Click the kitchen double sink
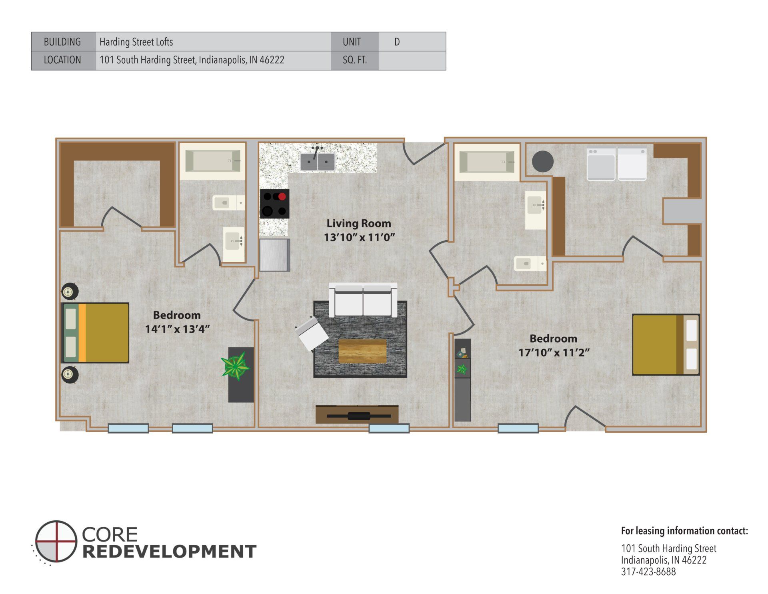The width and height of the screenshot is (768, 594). tap(318, 162)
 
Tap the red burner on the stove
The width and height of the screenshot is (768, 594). tap(282, 197)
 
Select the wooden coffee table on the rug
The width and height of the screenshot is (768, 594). tap(362, 351)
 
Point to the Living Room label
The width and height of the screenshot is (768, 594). tap(359, 223)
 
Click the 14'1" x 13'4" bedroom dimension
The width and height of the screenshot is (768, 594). tap(177, 329)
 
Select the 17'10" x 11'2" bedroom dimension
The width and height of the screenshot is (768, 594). tap(554, 353)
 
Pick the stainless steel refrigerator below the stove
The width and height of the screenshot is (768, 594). tap(274, 255)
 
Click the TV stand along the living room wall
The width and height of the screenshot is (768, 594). tap(357, 415)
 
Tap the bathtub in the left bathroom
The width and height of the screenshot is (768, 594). tap(212, 161)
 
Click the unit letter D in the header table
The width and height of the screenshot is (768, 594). tap(397, 42)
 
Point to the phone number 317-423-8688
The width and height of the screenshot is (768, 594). tap(648, 572)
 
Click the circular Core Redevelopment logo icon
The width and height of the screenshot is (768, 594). tap(56, 541)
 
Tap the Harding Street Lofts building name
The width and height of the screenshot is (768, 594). tap(136, 42)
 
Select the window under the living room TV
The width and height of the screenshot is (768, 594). tap(389, 429)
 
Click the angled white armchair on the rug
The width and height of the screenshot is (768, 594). tap(311, 333)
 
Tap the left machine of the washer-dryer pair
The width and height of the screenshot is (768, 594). tap(601, 165)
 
